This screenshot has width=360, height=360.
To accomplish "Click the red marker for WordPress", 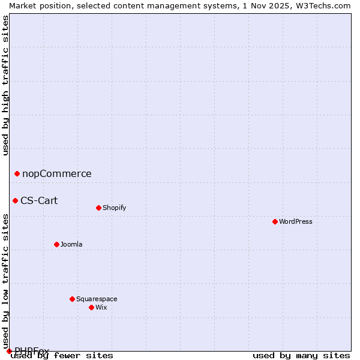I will click(x=275, y=221).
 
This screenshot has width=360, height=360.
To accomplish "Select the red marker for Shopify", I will click(x=98, y=208).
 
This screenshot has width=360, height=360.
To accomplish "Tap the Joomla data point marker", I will click(x=56, y=244).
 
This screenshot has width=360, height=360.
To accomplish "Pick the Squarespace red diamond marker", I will click(x=72, y=299).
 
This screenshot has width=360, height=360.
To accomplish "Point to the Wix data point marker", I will click(x=91, y=307).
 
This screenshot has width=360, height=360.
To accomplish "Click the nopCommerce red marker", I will click(x=17, y=174).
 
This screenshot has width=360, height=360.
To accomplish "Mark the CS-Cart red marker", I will click(x=15, y=200).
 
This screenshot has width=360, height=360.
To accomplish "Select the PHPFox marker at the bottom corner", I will click(x=9, y=351).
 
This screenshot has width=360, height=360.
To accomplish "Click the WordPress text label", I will click(x=296, y=221).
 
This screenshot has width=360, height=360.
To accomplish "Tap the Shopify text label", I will click(x=114, y=208).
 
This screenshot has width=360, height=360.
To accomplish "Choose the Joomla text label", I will click(x=71, y=244).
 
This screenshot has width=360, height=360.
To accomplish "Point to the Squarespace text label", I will click(x=97, y=299).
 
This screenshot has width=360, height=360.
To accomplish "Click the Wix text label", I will click(x=101, y=307).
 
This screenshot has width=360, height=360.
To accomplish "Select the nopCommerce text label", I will click(x=57, y=174).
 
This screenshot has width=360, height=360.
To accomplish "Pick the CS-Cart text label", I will click(x=39, y=200).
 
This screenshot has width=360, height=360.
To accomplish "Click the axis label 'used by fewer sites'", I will click(x=62, y=356).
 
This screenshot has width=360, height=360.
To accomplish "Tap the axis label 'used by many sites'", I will click(x=301, y=356).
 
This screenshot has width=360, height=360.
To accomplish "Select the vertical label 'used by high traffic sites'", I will click(x=5, y=85).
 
